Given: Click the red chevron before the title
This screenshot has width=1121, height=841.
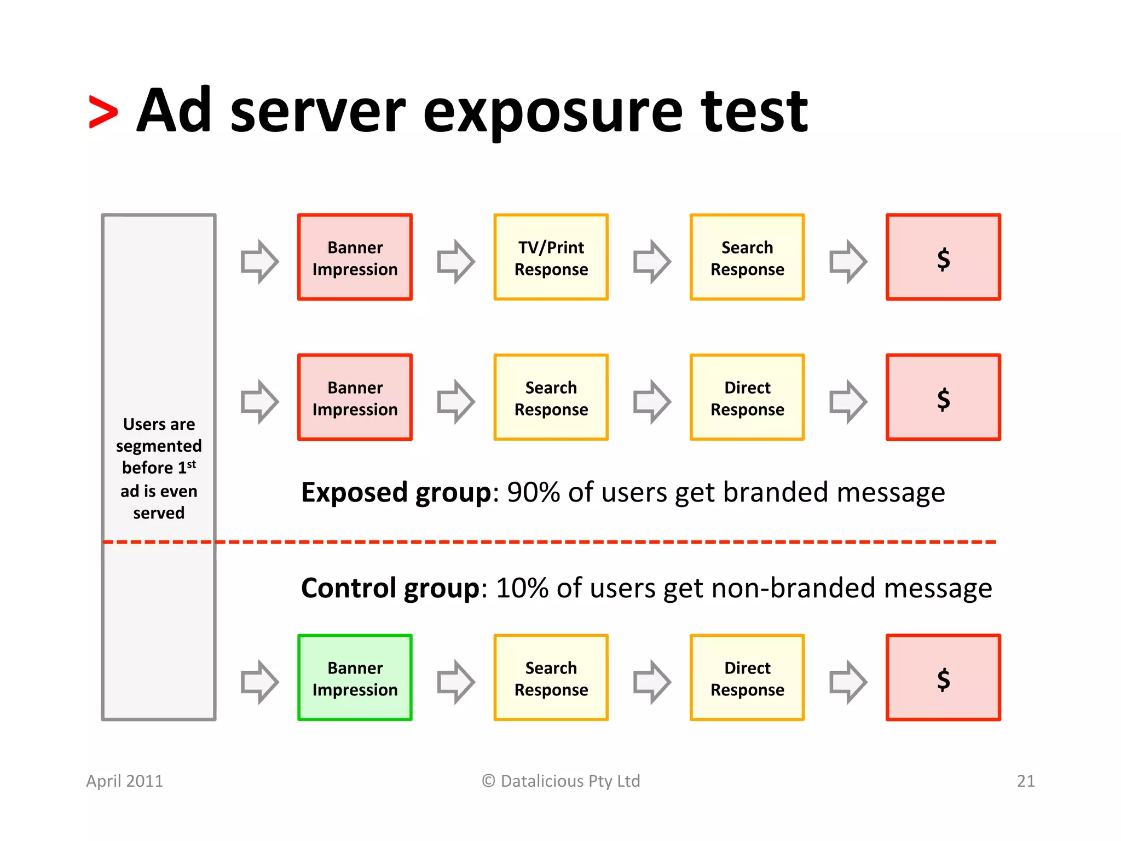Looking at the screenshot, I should [103, 112].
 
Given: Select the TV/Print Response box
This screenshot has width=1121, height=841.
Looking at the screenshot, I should [551, 257].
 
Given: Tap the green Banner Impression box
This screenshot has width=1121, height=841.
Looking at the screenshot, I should [355, 678].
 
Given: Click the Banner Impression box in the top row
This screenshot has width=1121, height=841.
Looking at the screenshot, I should [355, 257].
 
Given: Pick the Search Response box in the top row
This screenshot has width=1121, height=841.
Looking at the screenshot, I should [747, 257].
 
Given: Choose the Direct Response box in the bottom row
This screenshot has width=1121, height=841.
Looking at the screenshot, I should [747, 678].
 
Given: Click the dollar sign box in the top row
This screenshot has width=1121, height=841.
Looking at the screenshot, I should [943, 257].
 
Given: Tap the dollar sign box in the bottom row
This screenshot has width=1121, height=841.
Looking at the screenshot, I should [943, 678].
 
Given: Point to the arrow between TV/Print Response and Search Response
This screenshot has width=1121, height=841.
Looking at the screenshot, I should [651, 261].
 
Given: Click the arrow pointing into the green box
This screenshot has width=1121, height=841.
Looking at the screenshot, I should [259, 682].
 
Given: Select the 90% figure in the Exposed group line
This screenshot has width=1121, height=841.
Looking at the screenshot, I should [533, 492].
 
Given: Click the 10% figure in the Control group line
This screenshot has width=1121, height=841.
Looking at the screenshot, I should [522, 589].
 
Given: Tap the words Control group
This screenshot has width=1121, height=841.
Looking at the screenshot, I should [390, 589].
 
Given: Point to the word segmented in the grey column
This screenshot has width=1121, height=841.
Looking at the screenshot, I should [159, 446].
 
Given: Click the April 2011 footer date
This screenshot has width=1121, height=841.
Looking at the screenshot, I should [124, 781].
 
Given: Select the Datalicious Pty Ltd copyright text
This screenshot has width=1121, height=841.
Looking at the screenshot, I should [561, 781].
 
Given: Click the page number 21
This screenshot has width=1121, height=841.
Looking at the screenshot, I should [1025, 781].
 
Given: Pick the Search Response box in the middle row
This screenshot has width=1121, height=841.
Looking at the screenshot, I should [551, 398].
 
